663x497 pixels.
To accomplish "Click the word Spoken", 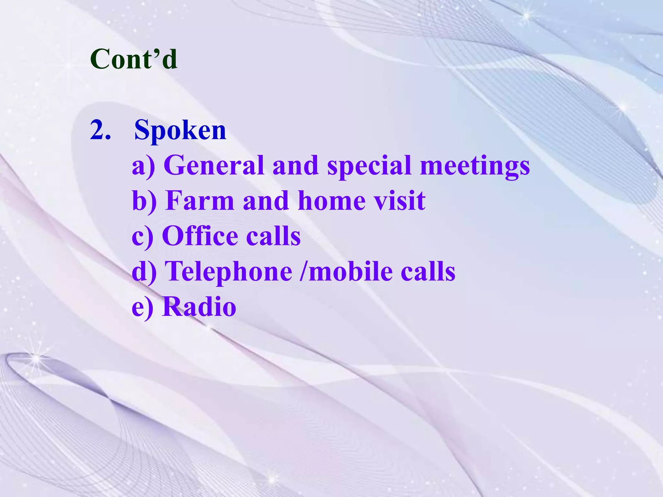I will [180, 130].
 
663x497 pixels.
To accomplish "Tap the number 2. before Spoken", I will [100, 130].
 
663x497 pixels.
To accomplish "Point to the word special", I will [369, 166].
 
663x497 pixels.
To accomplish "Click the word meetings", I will [475, 166].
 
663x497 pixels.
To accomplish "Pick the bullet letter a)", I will [143, 166].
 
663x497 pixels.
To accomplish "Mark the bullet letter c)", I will [142, 236].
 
